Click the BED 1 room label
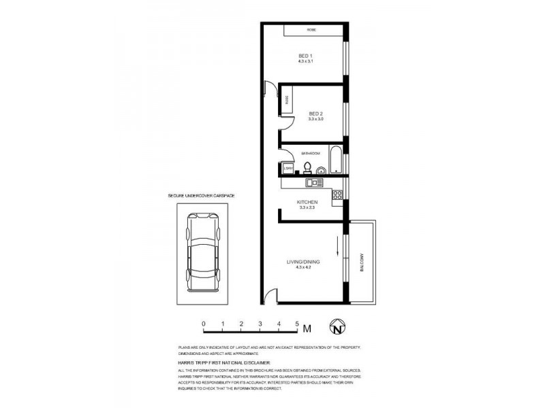point(305,56)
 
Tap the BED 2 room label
point(315,114)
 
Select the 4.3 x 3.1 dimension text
point(305,62)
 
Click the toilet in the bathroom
point(307,167)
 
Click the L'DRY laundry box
point(287,168)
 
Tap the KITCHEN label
point(307,203)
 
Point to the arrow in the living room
point(336,243)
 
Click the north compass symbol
point(337,327)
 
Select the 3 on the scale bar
point(260,324)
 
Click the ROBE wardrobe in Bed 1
point(311,30)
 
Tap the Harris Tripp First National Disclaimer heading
point(224,364)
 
